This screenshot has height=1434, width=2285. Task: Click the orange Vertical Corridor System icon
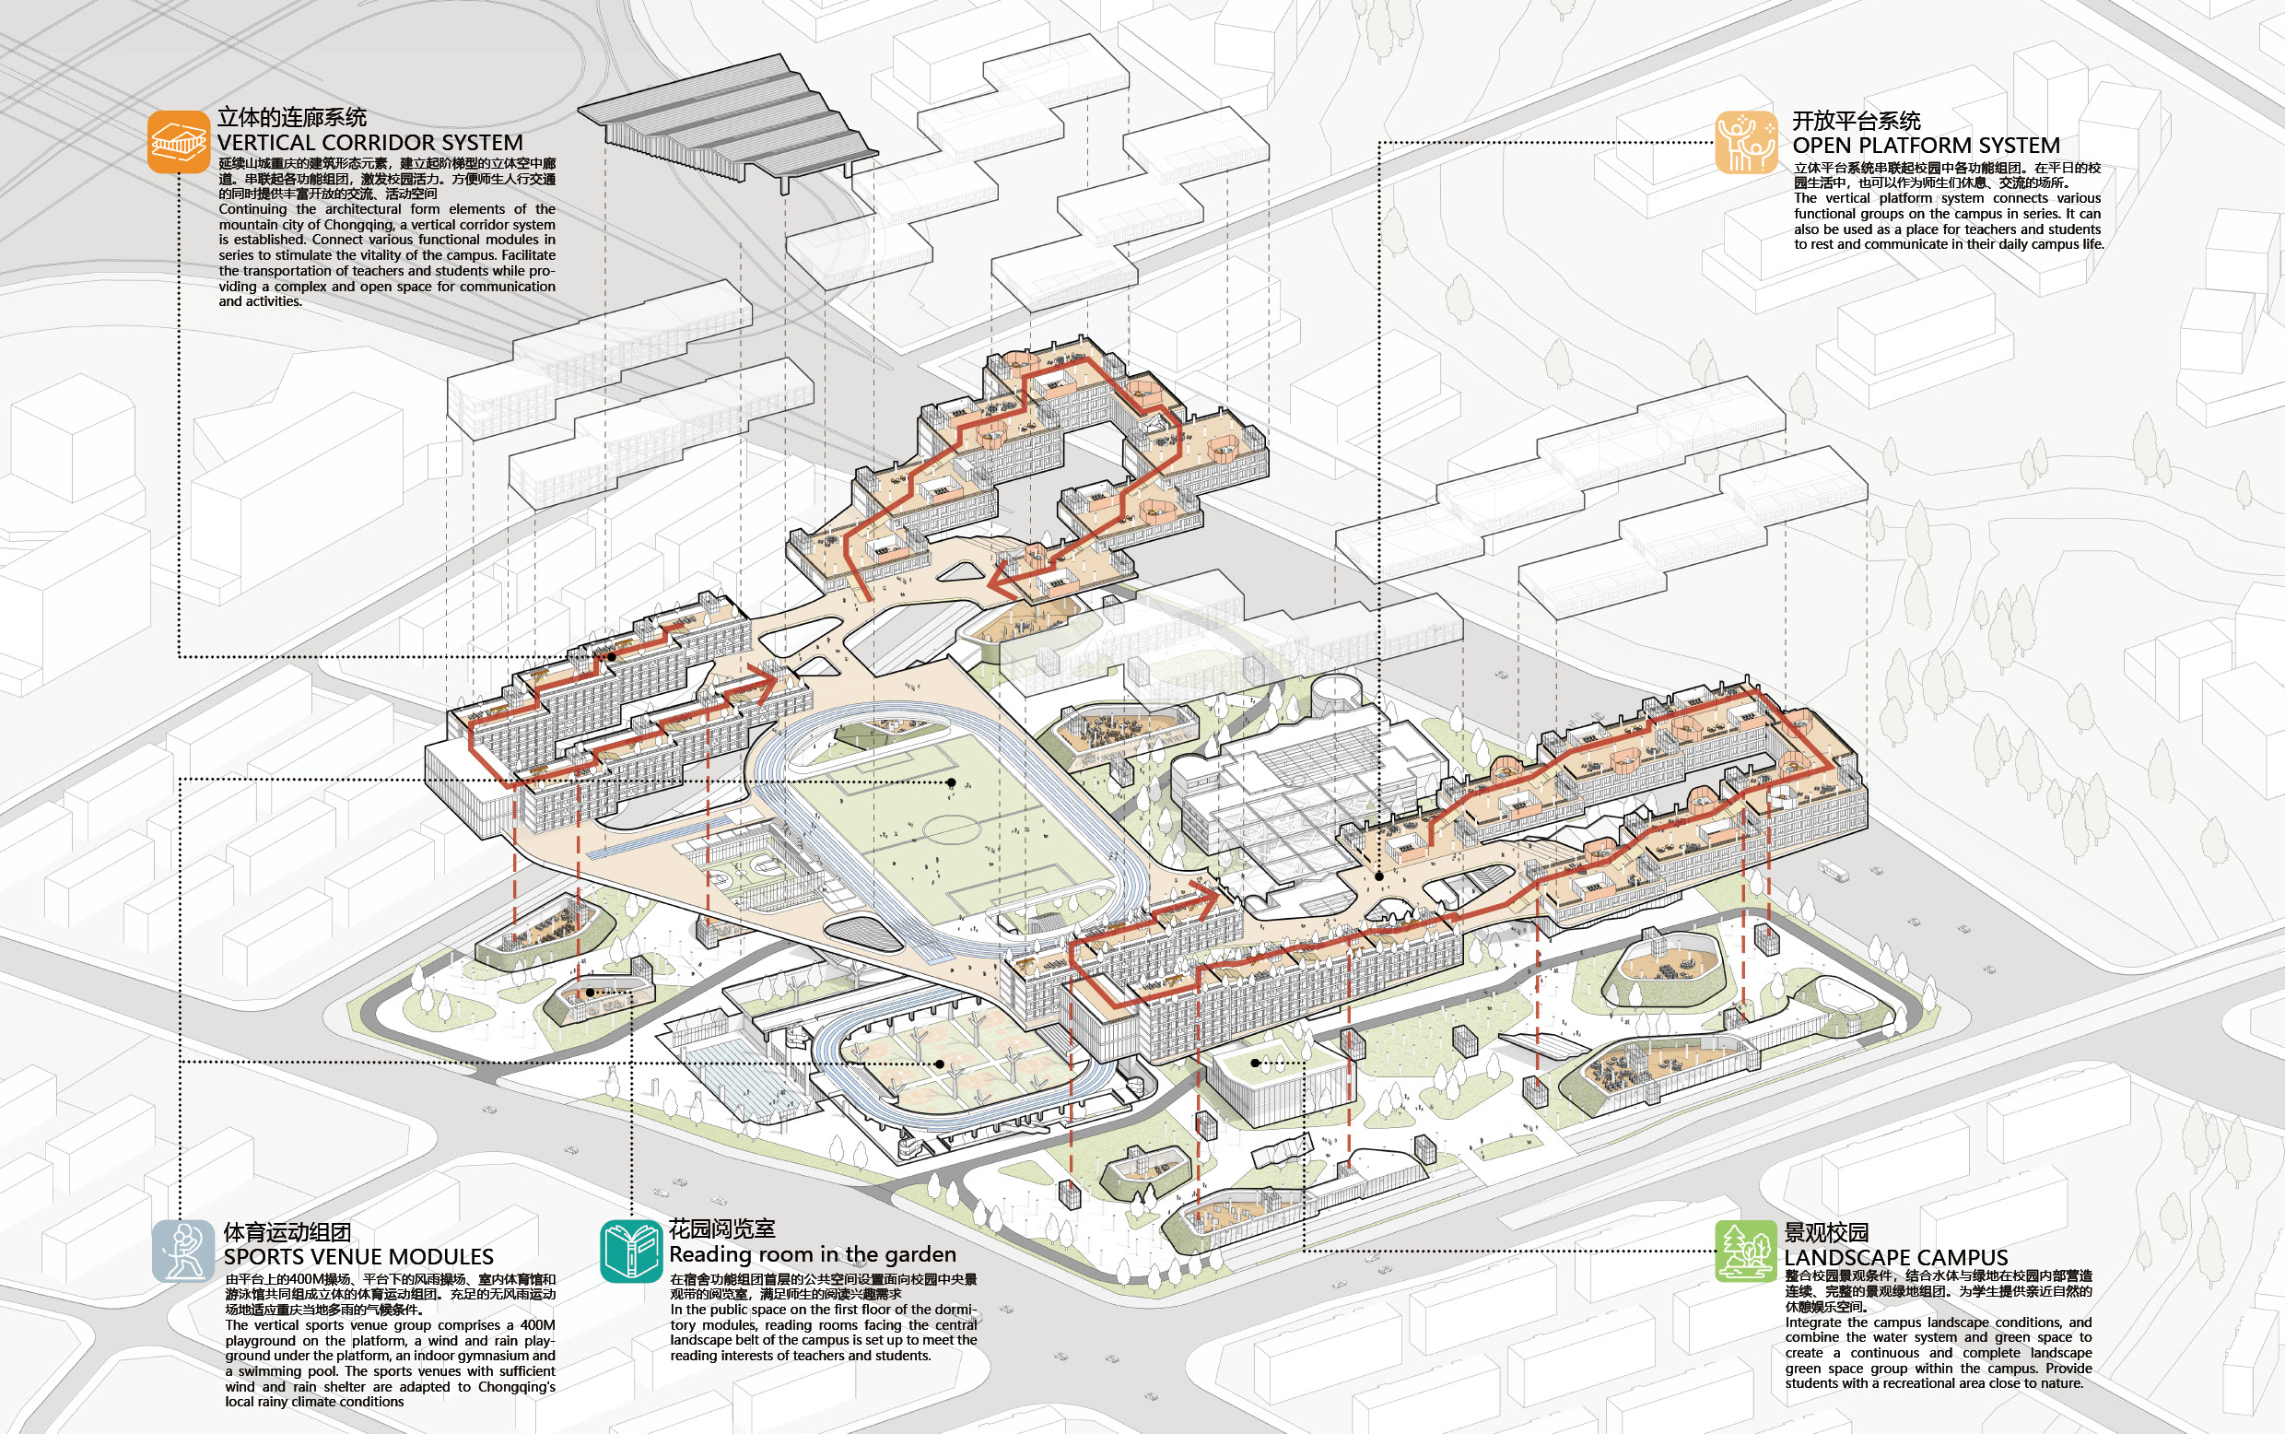[x=178, y=142]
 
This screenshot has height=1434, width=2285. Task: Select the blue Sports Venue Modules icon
[x=182, y=1251]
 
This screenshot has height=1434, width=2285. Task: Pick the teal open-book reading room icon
[x=630, y=1251]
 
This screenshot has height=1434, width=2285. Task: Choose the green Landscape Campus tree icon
[x=1744, y=1251]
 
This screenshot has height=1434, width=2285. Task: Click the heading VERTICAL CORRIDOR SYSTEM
[x=369, y=143]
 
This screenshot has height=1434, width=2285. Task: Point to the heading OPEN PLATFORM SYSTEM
[x=1926, y=146]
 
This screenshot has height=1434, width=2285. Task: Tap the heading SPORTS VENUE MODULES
[x=358, y=1258]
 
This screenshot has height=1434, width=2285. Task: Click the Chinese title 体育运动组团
[x=287, y=1233]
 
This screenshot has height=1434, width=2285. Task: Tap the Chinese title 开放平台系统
[x=1856, y=122]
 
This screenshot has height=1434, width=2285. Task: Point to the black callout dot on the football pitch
[x=951, y=782]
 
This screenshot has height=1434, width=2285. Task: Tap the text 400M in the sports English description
[x=537, y=1326]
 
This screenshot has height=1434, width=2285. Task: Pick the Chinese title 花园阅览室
[x=721, y=1229]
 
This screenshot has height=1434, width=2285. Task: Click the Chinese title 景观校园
[x=1826, y=1233]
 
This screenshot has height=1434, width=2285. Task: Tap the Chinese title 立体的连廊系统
[x=292, y=118]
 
